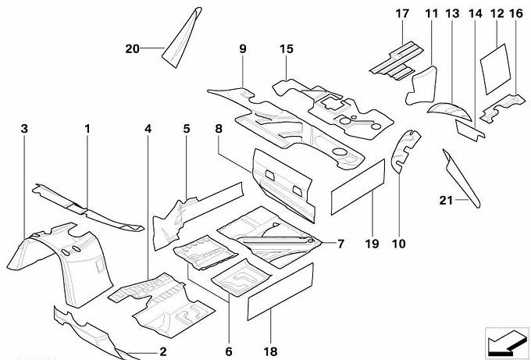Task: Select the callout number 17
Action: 402,13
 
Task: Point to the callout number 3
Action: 24,127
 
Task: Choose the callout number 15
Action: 287,49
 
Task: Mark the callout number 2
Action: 163,351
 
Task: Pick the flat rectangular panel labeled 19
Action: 359,187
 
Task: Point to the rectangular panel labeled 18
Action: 280,292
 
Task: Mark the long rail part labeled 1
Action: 86,206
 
